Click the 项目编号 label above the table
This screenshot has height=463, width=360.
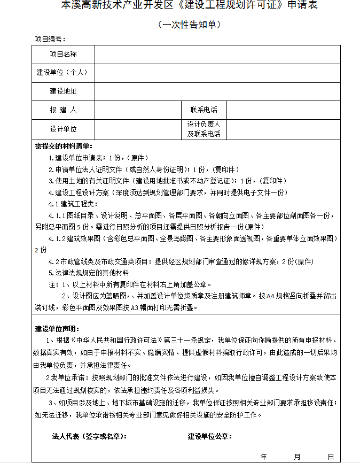(50, 39)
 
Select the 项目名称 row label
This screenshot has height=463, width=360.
(64, 55)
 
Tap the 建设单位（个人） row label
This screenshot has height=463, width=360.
(64, 72)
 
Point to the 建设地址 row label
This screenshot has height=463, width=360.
(64, 91)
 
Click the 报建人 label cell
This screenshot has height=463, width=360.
(64, 110)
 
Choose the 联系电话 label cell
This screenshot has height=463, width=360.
(204, 110)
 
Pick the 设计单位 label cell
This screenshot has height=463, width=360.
(64, 129)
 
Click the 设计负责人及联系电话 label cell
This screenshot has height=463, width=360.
(204, 129)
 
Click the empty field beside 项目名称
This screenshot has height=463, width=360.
(217, 55)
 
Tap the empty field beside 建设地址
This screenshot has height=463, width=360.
(217, 91)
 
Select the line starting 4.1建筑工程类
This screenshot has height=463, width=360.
(73, 204)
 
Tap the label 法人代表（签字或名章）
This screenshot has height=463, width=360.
(89, 436)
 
